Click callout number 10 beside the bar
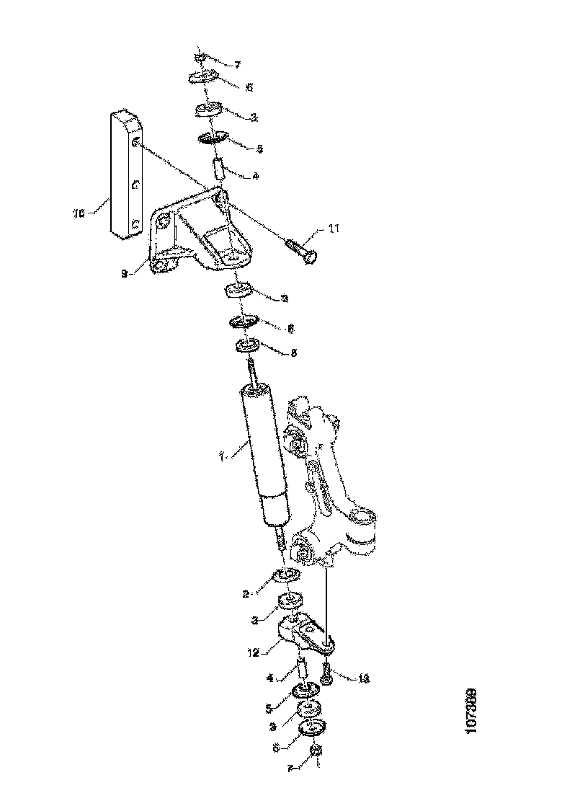79,213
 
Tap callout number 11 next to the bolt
333,230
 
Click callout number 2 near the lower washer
246,594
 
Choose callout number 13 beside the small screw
364,678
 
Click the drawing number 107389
472,712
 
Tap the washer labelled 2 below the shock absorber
287,575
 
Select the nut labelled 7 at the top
201,57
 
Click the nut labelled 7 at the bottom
315,753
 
